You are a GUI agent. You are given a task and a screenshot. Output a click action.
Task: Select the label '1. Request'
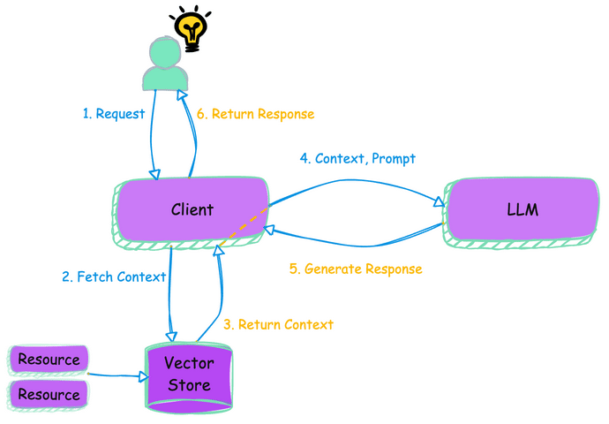(x=113, y=114)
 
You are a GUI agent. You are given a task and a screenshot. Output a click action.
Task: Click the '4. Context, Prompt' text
(x=357, y=159)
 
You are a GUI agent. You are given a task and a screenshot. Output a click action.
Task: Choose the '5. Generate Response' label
(x=356, y=269)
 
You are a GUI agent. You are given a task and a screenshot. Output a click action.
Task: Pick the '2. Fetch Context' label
(x=114, y=276)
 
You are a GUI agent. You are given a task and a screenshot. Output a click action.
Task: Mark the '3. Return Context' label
(x=278, y=324)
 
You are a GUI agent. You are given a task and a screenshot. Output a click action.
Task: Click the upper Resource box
(x=49, y=360)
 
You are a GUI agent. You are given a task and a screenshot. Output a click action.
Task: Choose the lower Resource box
(x=49, y=394)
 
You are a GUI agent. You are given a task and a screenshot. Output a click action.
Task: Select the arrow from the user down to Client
(x=154, y=132)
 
